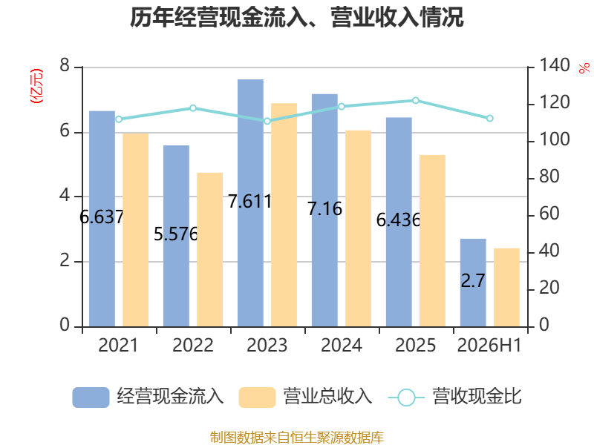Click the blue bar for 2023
pyautogui.click(x=250, y=203)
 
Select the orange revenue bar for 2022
pyautogui.click(x=210, y=250)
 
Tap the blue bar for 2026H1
pyautogui.click(x=473, y=283)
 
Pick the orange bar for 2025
pyautogui.click(x=432, y=241)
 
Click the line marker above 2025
pyautogui.click(x=416, y=100)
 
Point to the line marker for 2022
pyautogui.click(x=193, y=108)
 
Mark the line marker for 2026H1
pyautogui.click(x=489, y=119)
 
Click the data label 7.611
pyautogui.click(x=250, y=201)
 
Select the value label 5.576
pyautogui.click(x=176, y=234)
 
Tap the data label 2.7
pyautogui.click(x=473, y=281)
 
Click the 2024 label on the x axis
pyautogui.click(x=342, y=345)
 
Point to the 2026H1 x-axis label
pyautogui.click(x=489, y=345)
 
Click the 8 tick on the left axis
pyautogui.click(x=65, y=65)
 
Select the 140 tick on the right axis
pyautogui.click(x=554, y=65)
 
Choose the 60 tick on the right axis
pyautogui.click(x=549, y=214)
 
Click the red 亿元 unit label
pyautogui.click(x=36, y=86)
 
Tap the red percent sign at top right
pyautogui.click(x=584, y=68)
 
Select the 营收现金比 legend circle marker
pyautogui.click(x=406, y=398)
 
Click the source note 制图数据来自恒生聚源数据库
pyautogui.click(x=297, y=437)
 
